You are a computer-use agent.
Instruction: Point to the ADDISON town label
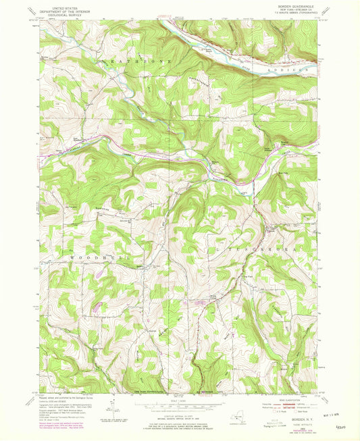296,68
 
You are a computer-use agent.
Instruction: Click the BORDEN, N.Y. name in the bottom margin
294,419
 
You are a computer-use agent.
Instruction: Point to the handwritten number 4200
343,425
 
